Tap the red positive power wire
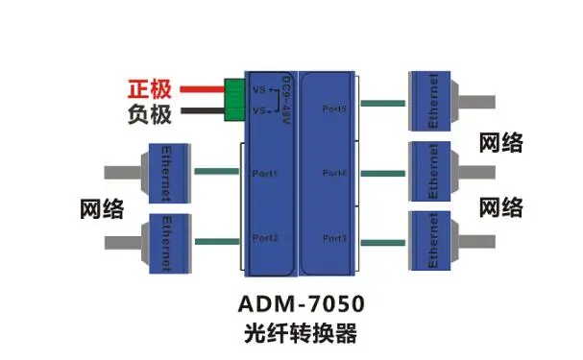199,90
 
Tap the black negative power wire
199,112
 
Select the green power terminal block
234,101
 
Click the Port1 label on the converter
265,174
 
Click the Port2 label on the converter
265,237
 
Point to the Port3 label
334,238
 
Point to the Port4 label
334,174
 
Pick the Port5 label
334,108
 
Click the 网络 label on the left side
99,208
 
